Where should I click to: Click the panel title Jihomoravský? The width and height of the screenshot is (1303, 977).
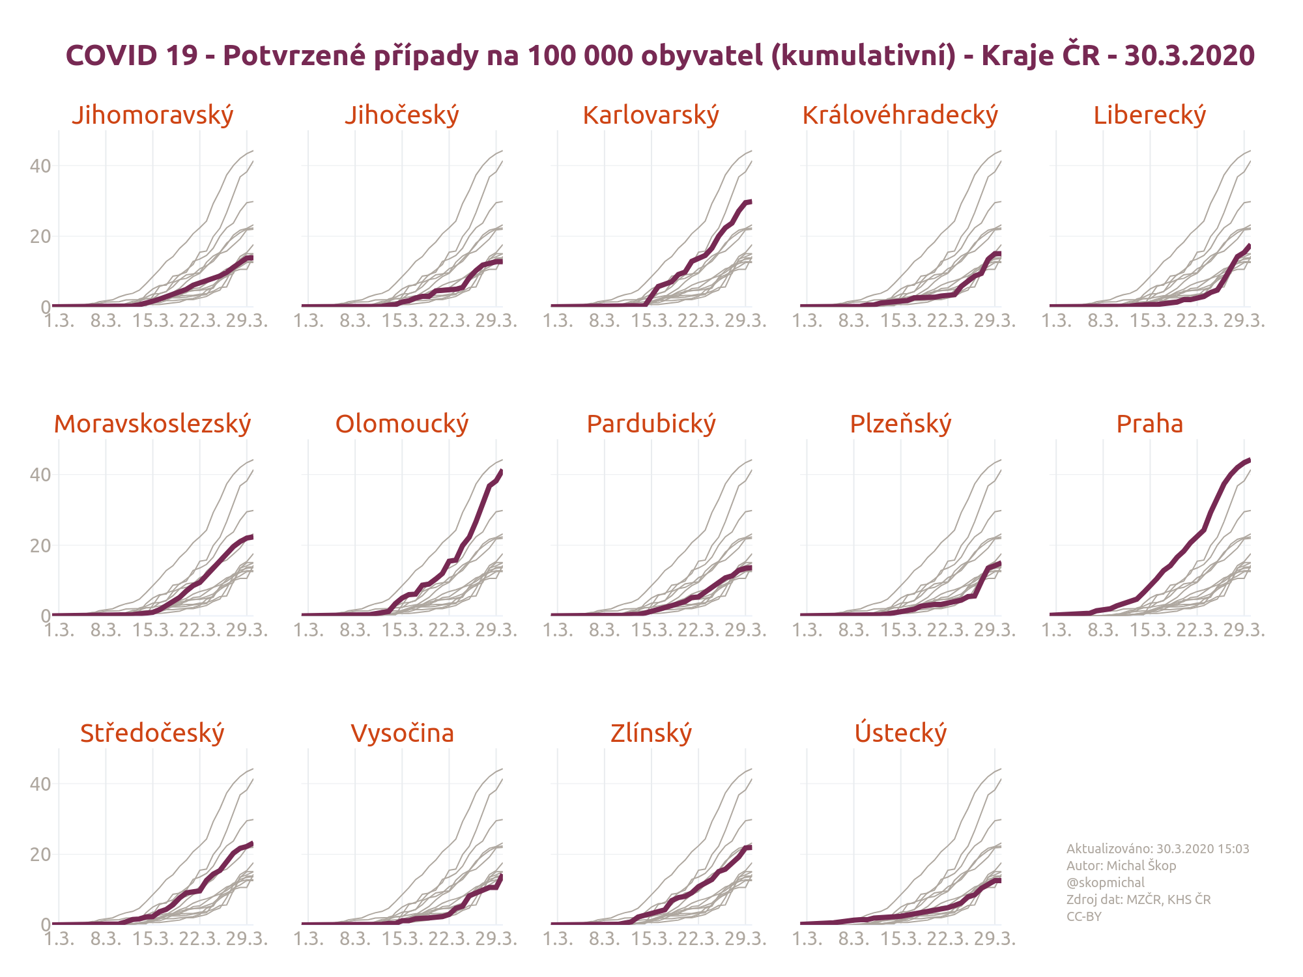coord(152,115)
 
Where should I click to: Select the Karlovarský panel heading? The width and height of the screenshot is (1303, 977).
coord(651,115)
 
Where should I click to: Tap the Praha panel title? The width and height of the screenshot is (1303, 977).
coord(1149,424)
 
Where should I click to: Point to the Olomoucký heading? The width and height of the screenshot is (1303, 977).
coord(402,424)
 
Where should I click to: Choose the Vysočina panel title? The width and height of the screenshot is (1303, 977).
coord(402,733)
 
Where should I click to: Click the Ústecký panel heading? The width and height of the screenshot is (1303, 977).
coord(900,733)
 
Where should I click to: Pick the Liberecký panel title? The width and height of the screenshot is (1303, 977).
coord(1149,115)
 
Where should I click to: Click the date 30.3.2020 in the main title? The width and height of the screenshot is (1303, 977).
coord(1189,55)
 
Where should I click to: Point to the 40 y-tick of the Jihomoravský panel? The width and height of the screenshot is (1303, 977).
coord(40,166)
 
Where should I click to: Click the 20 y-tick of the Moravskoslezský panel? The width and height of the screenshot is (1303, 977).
coord(40,546)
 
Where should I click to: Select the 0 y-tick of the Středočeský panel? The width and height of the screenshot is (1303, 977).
coord(46,924)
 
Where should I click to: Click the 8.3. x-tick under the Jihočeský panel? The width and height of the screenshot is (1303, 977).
coord(355,321)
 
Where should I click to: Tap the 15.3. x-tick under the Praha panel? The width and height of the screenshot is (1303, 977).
coord(1150,630)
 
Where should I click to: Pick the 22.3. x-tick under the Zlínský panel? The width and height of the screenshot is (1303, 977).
coord(698,939)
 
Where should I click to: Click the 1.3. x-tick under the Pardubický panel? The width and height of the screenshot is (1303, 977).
coord(558,630)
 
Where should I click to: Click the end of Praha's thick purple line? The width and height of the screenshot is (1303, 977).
coord(1249,460)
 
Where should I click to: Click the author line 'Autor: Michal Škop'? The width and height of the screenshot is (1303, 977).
coord(1121,866)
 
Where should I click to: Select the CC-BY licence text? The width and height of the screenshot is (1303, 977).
coord(1083,916)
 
